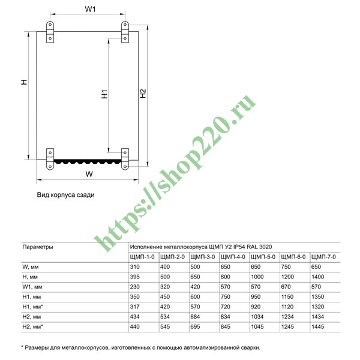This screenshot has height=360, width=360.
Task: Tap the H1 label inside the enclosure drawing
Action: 104,94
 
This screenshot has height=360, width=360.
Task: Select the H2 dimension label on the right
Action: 142,94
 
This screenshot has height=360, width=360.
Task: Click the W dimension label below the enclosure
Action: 88,174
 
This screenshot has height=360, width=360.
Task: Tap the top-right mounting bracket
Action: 125,28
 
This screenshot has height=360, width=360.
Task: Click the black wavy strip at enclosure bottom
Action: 87,161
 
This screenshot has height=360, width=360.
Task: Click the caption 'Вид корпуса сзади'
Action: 66,195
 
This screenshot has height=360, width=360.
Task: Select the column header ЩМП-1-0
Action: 143,256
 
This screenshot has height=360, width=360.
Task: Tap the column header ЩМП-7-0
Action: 325,256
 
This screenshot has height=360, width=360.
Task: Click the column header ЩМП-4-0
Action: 233,256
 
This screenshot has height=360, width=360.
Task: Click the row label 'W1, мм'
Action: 34,286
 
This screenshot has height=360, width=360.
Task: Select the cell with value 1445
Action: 319,326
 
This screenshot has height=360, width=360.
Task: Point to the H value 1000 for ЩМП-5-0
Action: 259,277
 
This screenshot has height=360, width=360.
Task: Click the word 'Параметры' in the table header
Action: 38,247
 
